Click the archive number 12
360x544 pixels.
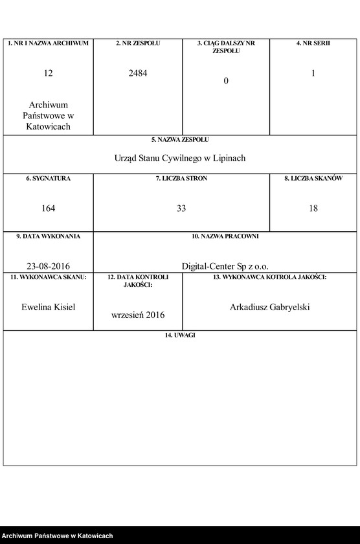tap(49, 73)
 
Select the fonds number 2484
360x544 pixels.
tap(138, 73)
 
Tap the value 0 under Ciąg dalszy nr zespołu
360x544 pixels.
tap(226, 81)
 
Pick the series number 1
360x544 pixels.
tap(313, 73)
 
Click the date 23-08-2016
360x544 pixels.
tap(49, 266)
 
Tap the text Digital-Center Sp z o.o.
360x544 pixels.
tap(225, 266)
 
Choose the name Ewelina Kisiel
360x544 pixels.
tap(49, 307)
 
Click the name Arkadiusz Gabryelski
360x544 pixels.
tap(270, 307)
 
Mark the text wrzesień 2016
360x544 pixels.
tap(138, 315)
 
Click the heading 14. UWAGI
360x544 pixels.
tap(180, 335)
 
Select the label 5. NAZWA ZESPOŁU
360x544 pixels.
tap(180, 139)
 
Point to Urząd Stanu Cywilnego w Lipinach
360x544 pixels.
tap(180, 158)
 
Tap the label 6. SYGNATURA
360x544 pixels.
tap(49, 178)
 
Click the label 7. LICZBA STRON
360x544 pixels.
tap(181, 178)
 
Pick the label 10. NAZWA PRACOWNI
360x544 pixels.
tap(225, 236)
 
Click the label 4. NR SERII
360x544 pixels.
tap(313, 43)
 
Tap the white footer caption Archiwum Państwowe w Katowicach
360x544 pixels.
tap(58, 536)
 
